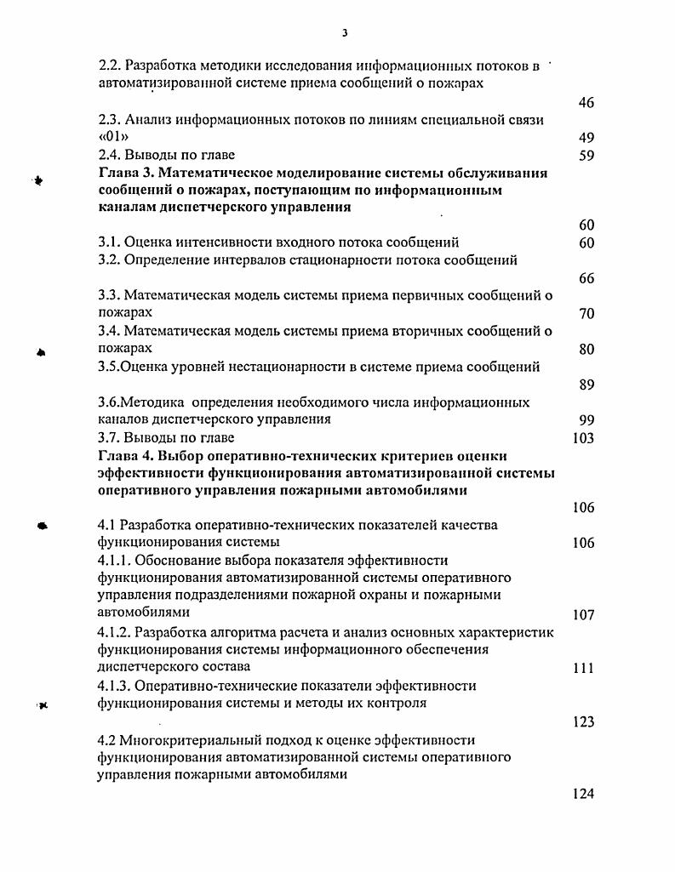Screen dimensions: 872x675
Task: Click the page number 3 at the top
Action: tap(345, 33)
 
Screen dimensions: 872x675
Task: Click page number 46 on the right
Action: tap(586, 103)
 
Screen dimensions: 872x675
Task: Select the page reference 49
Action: tap(586, 138)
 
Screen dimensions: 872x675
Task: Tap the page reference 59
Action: tap(586, 156)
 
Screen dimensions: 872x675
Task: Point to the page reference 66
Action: tap(586, 278)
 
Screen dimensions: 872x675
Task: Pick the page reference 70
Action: tap(586, 314)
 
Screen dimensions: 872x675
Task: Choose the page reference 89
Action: tap(586, 385)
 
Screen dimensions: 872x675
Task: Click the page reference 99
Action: tap(586, 420)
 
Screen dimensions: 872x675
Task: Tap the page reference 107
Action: tap(583, 614)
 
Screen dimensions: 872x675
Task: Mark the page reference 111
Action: tap(583, 669)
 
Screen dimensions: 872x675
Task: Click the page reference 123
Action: tap(583, 722)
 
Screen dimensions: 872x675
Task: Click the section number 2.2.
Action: tap(109, 65)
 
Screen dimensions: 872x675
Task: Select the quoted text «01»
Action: tap(112, 138)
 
